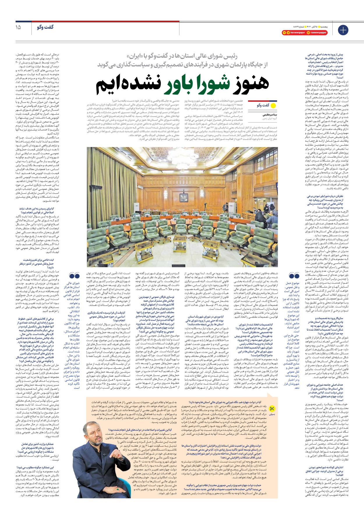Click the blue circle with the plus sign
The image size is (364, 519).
tap(343, 30)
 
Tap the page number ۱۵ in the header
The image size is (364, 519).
tap(18, 27)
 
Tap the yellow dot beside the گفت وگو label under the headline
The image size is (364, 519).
tap(273, 105)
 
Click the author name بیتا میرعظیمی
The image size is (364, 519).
tap(269, 115)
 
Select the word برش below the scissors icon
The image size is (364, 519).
tap(272, 415)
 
